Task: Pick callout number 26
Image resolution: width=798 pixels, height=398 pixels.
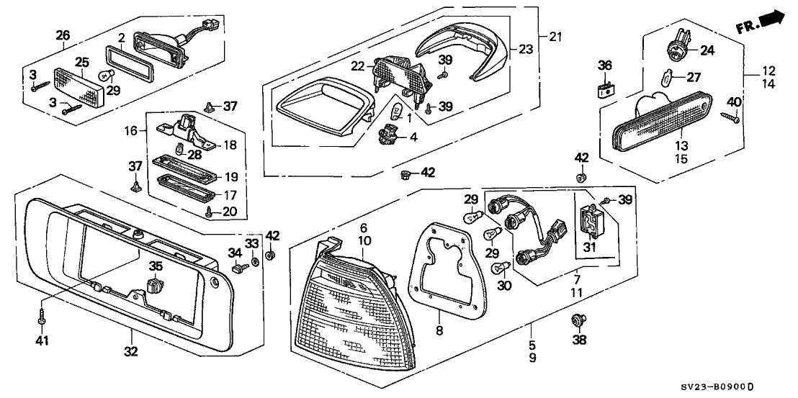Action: tap(63, 35)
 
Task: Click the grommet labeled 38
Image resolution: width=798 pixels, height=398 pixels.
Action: tap(576, 320)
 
